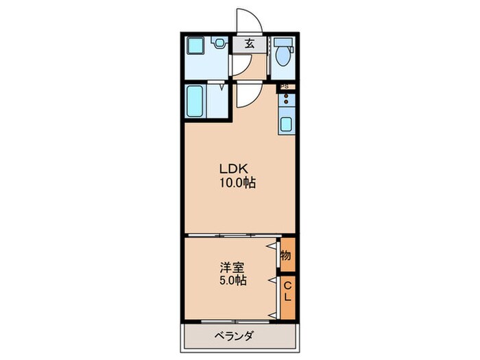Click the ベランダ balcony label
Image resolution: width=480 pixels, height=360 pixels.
pyautogui.click(x=233, y=336)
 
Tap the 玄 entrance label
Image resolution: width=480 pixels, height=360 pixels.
pyautogui.click(x=250, y=43)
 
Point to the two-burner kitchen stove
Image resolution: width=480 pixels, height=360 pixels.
pyautogui.click(x=286, y=104)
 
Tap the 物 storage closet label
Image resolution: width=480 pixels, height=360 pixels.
pyautogui.click(x=286, y=255)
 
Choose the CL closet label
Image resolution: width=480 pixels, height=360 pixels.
pyautogui.click(x=288, y=291)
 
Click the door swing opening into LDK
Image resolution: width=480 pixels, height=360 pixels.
pyautogui.click(x=244, y=96)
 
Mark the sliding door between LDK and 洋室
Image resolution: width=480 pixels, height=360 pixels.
pyautogui.click(x=233, y=235)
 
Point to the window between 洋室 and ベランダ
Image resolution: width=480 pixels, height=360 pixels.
pyautogui.click(x=233, y=320)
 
